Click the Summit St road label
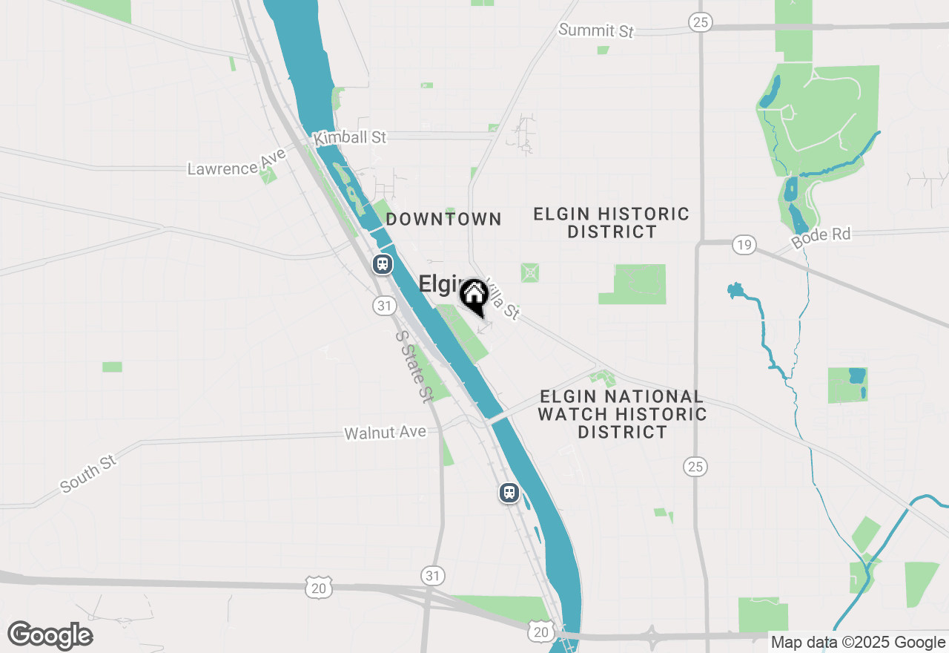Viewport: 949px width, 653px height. [596, 30]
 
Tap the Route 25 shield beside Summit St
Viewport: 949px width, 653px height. [699, 22]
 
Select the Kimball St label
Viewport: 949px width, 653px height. [350, 138]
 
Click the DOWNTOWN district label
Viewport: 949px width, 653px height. [443, 219]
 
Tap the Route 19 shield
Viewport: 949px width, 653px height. [744, 244]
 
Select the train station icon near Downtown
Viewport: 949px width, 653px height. [382, 263]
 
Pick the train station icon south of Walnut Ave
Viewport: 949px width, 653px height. [509, 492]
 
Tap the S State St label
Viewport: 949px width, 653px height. [414, 366]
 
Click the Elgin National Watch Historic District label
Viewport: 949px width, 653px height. [622, 414]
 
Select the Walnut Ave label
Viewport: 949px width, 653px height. [386, 432]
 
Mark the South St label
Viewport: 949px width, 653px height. [89, 474]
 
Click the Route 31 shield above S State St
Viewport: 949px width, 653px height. [384, 305]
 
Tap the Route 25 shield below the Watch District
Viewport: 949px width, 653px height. [695, 466]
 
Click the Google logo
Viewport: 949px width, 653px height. [50, 636]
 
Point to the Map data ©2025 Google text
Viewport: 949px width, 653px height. [858, 643]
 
